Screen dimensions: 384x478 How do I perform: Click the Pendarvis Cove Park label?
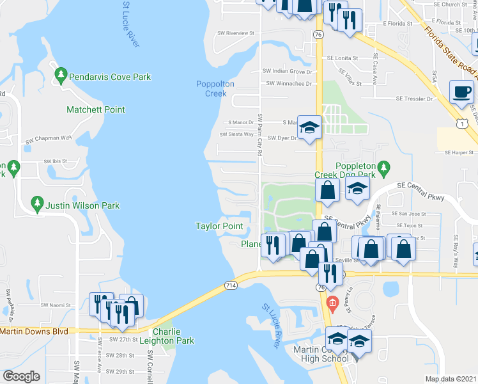point(112,77)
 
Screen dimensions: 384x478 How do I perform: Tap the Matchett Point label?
point(96,109)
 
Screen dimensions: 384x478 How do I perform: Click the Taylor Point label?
point(219,226)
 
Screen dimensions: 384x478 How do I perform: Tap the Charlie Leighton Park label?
point(167,336)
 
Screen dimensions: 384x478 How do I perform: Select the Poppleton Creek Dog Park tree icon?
point(383,168)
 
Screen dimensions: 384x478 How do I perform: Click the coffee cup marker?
point(462,92)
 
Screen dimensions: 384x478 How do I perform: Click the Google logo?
point(22,376)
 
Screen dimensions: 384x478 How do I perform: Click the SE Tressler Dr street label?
point(415,99)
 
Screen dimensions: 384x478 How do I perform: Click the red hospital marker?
point(331,302)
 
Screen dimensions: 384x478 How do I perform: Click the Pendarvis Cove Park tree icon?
point(61,76)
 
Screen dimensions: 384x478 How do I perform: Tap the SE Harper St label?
point(459,152)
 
